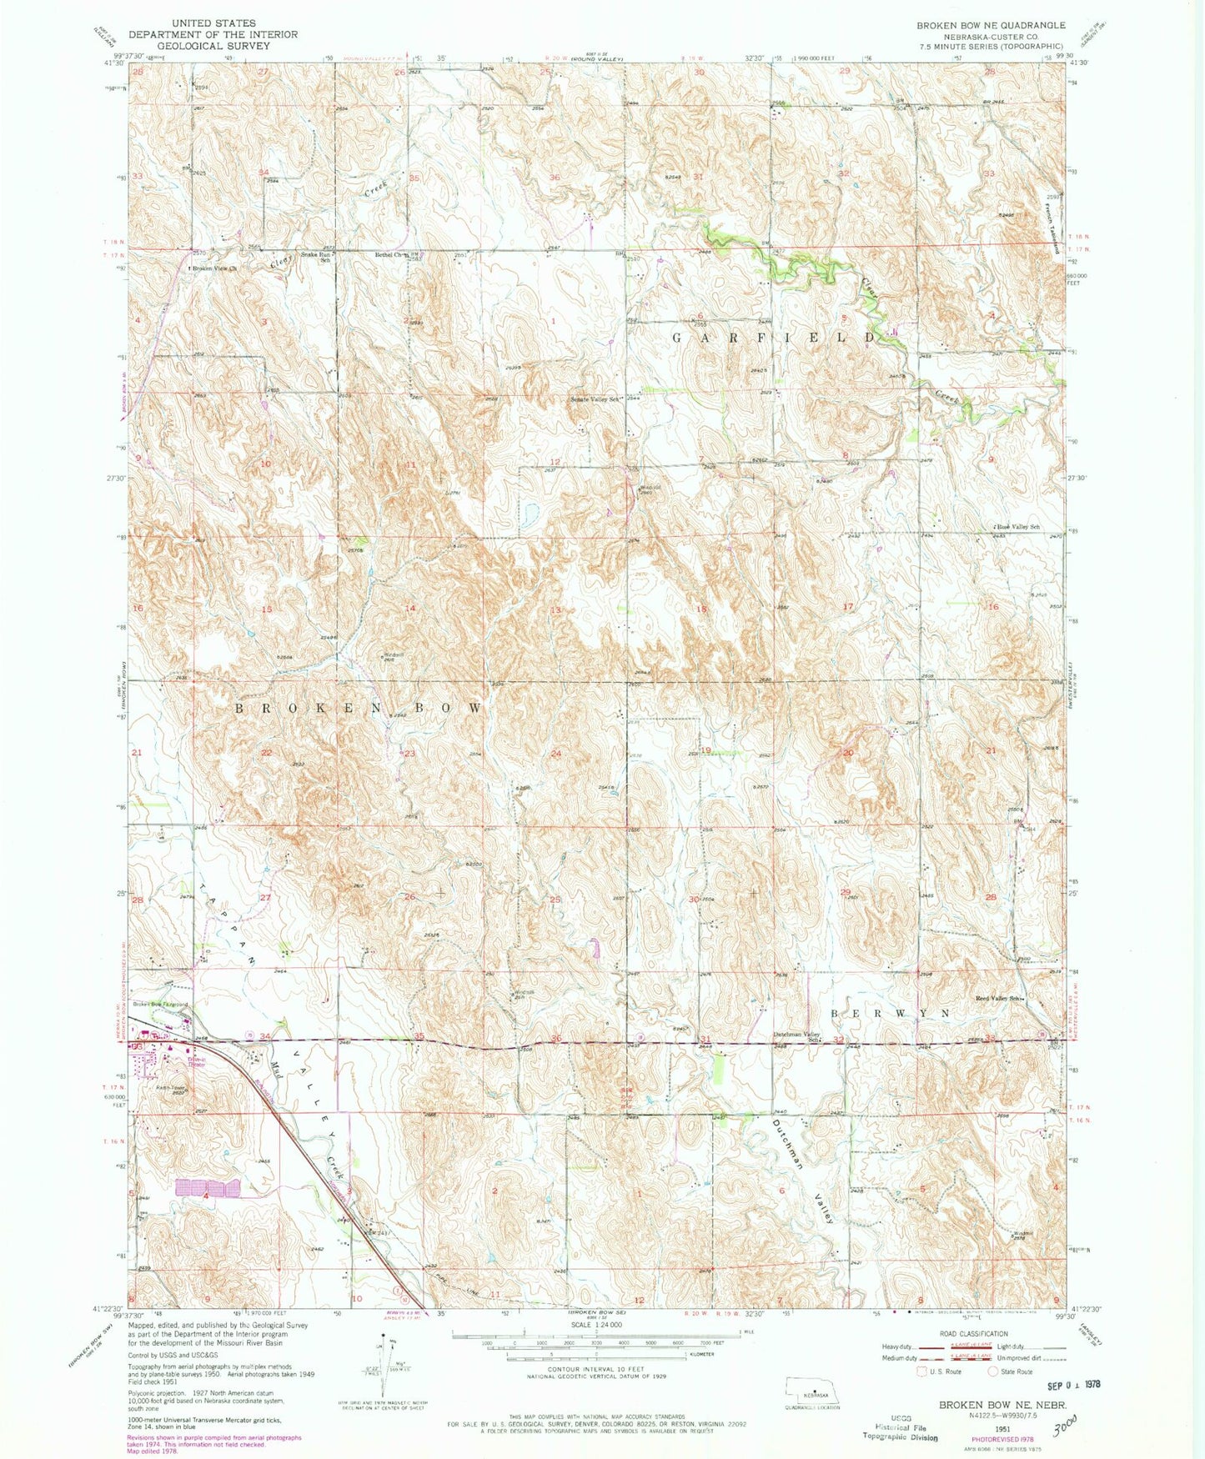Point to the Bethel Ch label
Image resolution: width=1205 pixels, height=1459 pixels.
tap(389, 254)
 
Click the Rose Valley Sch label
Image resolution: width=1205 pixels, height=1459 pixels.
tap(1018, 526)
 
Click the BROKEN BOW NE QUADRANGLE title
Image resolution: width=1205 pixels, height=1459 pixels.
tap(991, 25)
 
